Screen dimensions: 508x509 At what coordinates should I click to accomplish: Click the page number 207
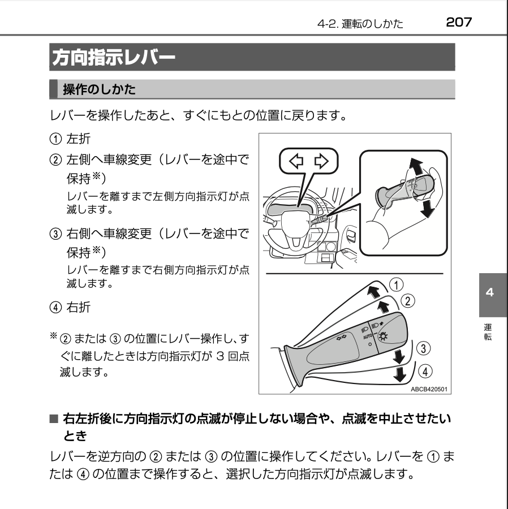tap(459, 22)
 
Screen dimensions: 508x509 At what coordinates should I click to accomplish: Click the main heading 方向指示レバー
tap(114, 58)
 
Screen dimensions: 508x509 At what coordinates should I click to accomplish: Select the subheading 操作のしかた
tap(99, 89)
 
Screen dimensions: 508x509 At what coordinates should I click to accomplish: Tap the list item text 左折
tap(78, 139)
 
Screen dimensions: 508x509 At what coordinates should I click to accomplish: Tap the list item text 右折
tap(78, 307)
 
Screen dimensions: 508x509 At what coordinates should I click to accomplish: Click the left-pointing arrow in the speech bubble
tap(296, 161)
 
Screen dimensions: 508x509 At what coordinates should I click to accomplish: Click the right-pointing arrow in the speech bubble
tap(321, 161)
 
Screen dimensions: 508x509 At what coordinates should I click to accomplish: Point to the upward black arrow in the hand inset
tap(416, 167)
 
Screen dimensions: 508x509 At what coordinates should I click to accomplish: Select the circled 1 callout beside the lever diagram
tap(397, 285)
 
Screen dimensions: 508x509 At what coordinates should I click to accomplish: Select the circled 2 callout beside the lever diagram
tap(408, 301)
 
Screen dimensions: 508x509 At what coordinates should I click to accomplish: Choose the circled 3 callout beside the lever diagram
tap(423, 348)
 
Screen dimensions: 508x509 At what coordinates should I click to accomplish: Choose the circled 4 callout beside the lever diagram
tap(425, 371)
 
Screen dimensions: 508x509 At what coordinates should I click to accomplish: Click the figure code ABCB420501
tap(429, 389)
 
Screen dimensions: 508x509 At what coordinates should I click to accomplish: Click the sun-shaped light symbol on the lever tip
tap(384, 337)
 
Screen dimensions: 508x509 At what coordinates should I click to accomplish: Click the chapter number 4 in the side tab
tap(489, 292)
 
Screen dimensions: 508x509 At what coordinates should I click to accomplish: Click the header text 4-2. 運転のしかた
tap(360, 23)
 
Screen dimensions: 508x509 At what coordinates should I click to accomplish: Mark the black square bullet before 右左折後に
tap(54, 419)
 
